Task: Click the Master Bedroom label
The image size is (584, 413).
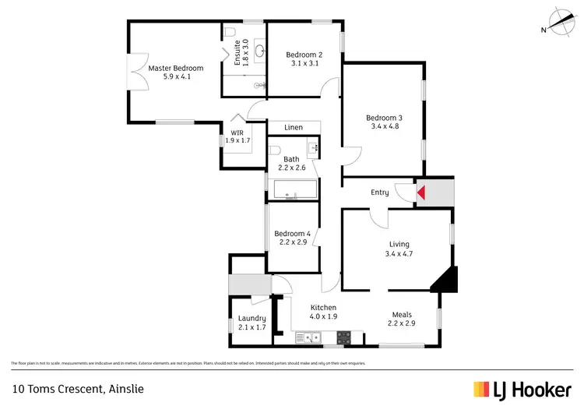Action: click(x=170, y=68)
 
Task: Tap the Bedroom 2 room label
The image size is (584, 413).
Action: click(x=304, y=54)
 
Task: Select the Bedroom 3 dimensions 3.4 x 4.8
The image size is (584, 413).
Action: click(x=385, y=127)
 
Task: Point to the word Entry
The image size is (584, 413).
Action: click(x=380, y=192)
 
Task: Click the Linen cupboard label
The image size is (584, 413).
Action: click(x=294, y=127)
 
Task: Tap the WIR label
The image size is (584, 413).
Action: click(x=237, y=132)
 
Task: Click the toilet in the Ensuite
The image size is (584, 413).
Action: click(x=232, y=32)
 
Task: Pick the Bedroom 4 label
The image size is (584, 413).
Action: click(x=292, y=234)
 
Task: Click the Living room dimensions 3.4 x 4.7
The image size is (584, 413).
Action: click(x=398, y=253)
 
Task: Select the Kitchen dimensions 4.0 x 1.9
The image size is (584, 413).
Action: click(x=322, y=317)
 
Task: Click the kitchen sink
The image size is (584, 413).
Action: click(x=309, y=337)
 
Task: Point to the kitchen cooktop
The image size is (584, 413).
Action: click(x=343, y=337)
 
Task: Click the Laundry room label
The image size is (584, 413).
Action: click(x=252, y=318)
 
